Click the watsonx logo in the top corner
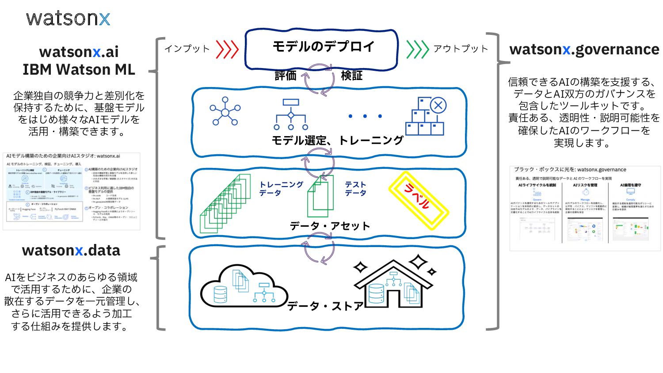[68, 18]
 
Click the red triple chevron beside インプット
[227, 49]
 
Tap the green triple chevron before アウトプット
[417, 49]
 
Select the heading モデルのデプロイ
[323, 46]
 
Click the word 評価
[286, 76]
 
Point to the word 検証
[352, 76]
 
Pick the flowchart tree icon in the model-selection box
[291, 114]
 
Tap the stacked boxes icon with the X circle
[426, 116]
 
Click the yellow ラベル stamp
[418, 201]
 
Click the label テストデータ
[355, 189]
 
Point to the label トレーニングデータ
[280, 189]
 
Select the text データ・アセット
[330, 226]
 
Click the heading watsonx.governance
[584, 49]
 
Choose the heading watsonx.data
[71, 251]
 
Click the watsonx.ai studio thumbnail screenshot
[72, 191]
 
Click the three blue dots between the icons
[365, 116]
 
